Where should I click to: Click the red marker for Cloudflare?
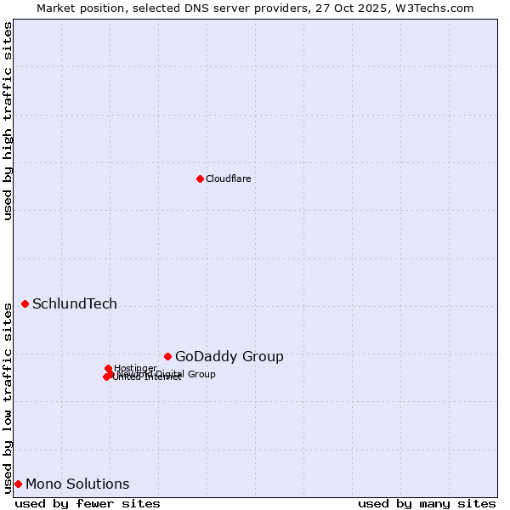200,178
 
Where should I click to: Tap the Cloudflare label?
228,178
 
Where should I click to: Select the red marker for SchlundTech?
25,303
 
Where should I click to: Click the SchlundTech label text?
75,304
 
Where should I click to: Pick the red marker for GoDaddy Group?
167,356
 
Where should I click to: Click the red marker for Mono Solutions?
18,484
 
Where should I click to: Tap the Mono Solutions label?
77,484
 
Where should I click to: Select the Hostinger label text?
135,368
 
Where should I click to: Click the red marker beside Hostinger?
108,368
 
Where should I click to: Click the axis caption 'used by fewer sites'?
88,503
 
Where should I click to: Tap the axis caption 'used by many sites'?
427,503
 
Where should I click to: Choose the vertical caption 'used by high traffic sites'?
8,121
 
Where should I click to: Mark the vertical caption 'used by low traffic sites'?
8,396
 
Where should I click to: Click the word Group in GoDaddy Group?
263,357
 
